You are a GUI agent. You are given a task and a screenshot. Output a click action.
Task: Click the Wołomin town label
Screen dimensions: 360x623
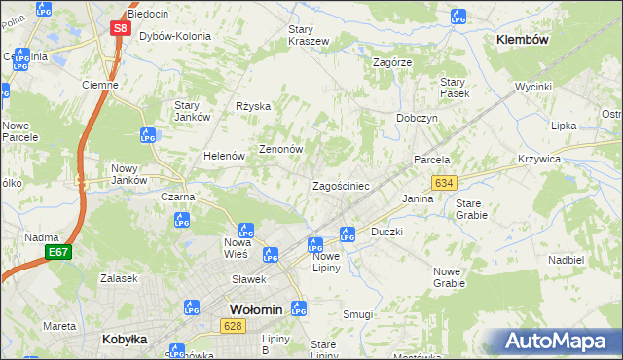tap(255, 309)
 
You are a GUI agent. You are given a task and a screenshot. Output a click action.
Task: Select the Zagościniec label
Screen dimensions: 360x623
tap(340, 185)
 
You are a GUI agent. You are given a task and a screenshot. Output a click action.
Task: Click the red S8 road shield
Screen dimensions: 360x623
tap(119, 28)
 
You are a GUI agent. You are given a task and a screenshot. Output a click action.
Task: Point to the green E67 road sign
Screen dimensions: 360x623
tap(58, 252)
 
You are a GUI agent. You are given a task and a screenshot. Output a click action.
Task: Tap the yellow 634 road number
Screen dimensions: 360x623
tap(444, 183)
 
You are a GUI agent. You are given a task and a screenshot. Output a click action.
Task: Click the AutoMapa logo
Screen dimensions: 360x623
tap(558, 341)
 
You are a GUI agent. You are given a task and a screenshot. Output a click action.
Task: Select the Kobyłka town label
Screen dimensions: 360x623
tap(124, 340)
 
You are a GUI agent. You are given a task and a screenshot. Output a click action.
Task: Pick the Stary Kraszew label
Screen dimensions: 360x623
tap(309, 35)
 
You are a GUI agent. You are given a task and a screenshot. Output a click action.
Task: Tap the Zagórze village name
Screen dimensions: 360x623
tap(393, 61)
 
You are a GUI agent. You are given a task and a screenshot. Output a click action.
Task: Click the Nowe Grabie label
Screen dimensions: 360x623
tap(449, 277)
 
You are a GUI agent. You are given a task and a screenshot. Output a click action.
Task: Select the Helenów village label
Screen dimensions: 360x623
tap(223, 156)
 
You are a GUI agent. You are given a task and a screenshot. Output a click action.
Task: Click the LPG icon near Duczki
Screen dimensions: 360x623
tap(347, 234)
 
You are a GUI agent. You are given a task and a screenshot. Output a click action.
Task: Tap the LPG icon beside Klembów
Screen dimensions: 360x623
tap(458, 17)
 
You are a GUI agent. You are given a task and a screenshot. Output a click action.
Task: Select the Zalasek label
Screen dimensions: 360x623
tap(119, 278)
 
